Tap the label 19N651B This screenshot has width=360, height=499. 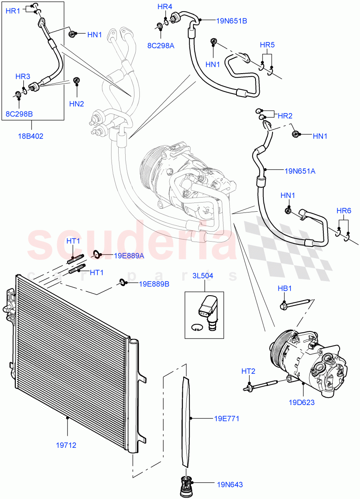pos(231,20)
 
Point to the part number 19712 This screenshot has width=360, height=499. pos(66,445)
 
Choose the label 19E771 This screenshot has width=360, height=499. pos(226,419)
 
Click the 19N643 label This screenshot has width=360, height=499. pos(229,484)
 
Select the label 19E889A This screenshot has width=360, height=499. pos(129,256)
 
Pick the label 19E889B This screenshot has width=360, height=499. pos(154,284)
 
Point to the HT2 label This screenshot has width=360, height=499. pos(248,371)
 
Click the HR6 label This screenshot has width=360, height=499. pos(343,211)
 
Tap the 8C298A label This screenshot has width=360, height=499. pos(160,46)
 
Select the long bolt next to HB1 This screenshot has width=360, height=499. pos(296,305)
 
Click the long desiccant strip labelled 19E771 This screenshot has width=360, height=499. pos(186,420)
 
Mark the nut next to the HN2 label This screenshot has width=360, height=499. pos(76,80)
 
